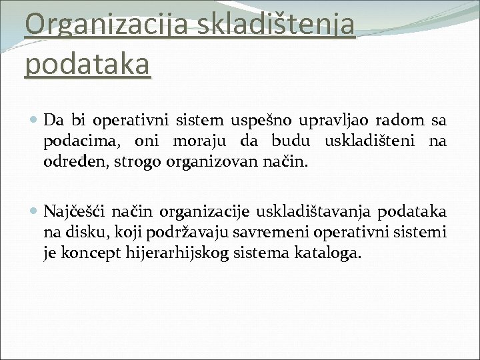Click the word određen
tap(72, 162)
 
